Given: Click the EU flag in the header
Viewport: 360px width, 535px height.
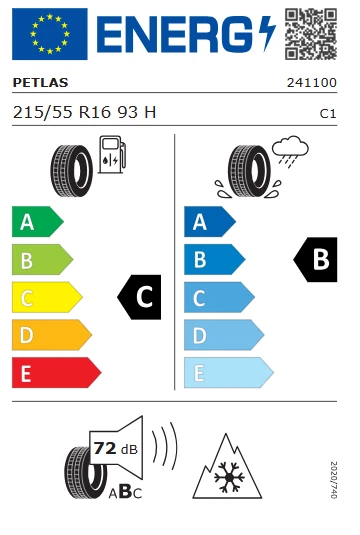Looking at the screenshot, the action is point(49,34).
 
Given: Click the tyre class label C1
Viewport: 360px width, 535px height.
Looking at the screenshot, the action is point(327,114).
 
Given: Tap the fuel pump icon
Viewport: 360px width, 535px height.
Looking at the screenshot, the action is point(111,160).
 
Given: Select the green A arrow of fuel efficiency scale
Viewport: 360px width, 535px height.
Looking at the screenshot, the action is point(36,222).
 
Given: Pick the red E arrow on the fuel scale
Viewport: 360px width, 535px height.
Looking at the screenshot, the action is point(55,373).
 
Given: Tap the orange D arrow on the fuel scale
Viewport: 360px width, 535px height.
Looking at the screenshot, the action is point(50,335).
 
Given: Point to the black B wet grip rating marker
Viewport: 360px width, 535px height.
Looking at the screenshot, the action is point(315,260).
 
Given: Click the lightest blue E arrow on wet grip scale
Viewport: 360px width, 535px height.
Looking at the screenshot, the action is point(227,373).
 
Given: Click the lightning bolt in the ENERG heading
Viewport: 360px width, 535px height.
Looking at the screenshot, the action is point(265,35).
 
